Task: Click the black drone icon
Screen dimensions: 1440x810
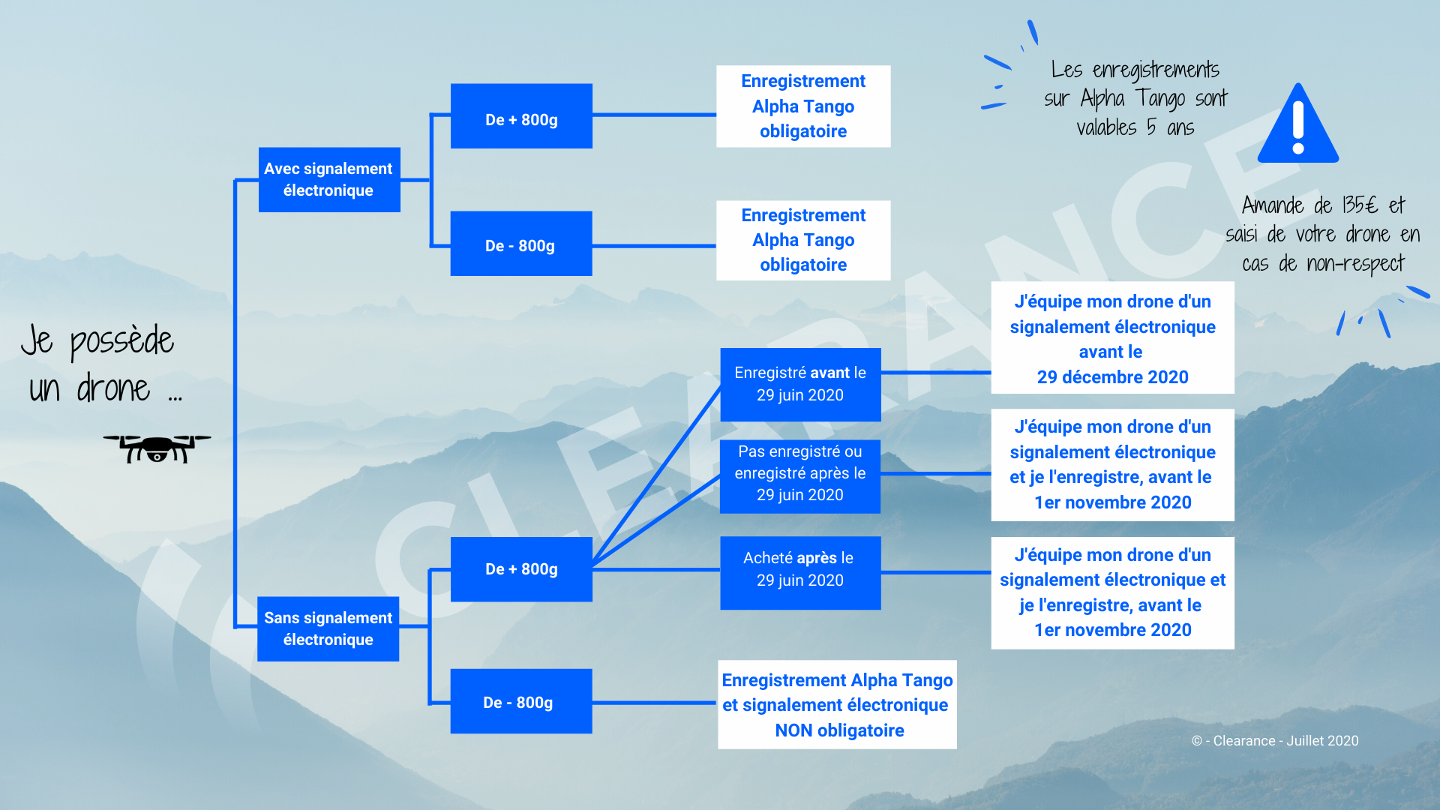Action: pos(157,448)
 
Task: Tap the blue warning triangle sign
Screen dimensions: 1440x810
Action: pos(1297,124)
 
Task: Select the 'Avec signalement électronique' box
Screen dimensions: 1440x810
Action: pos(329,180)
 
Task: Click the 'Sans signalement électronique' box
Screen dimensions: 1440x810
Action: pos(328,628)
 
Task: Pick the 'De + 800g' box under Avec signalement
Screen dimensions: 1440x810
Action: pos(521,116)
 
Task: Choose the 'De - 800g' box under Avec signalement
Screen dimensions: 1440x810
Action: pos(521,244)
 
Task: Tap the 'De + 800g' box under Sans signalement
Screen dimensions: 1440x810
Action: pos(521,569)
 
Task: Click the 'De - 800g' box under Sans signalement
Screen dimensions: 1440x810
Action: pos(521,701)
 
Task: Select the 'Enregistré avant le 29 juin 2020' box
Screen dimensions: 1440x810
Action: pos(800,385)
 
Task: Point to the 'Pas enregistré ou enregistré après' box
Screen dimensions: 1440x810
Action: pos(800,476)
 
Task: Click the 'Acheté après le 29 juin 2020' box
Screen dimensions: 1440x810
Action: pos(800,573)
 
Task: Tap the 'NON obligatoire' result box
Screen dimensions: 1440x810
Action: pos(837,704)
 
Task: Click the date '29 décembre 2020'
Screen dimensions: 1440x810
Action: pos(1112,377)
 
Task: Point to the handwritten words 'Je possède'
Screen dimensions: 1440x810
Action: pos(97,341)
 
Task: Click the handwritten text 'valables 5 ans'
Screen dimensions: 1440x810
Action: pos(1135,127)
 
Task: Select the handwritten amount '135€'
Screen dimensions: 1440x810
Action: pos(1360,205)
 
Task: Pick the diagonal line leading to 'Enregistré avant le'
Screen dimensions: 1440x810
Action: pos(657,476)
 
